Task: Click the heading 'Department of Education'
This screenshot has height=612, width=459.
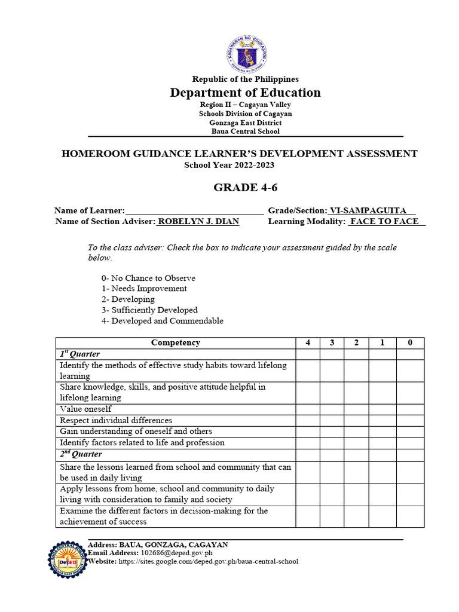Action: (245, 93)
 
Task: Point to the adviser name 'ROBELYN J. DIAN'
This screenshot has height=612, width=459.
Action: (198, 222)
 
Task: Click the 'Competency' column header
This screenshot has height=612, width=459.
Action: (176, 343)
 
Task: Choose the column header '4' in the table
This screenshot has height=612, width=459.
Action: (307, 343)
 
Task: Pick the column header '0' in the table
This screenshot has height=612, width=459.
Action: (409, 343)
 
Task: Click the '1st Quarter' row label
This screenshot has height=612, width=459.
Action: (79, 354)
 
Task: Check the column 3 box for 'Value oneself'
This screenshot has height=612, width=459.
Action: (332, 409)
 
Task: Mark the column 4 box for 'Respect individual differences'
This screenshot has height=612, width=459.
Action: (307, 420)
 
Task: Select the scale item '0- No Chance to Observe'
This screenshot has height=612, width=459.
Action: (148, 279)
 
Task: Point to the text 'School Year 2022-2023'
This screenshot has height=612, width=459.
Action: (229, 165)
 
